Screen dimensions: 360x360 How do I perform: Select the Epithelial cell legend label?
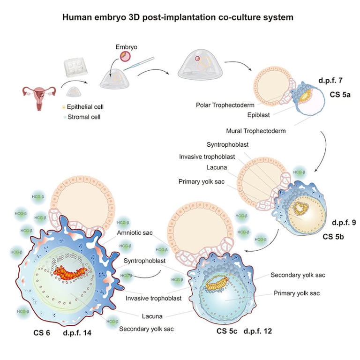[90, 107]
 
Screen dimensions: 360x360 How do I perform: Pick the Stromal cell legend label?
[88, 117]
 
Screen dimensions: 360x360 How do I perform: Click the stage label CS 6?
[42, 334]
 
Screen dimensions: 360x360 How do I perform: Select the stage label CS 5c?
[227, 331]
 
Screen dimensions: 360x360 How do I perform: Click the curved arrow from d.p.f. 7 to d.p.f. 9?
[322, 150]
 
